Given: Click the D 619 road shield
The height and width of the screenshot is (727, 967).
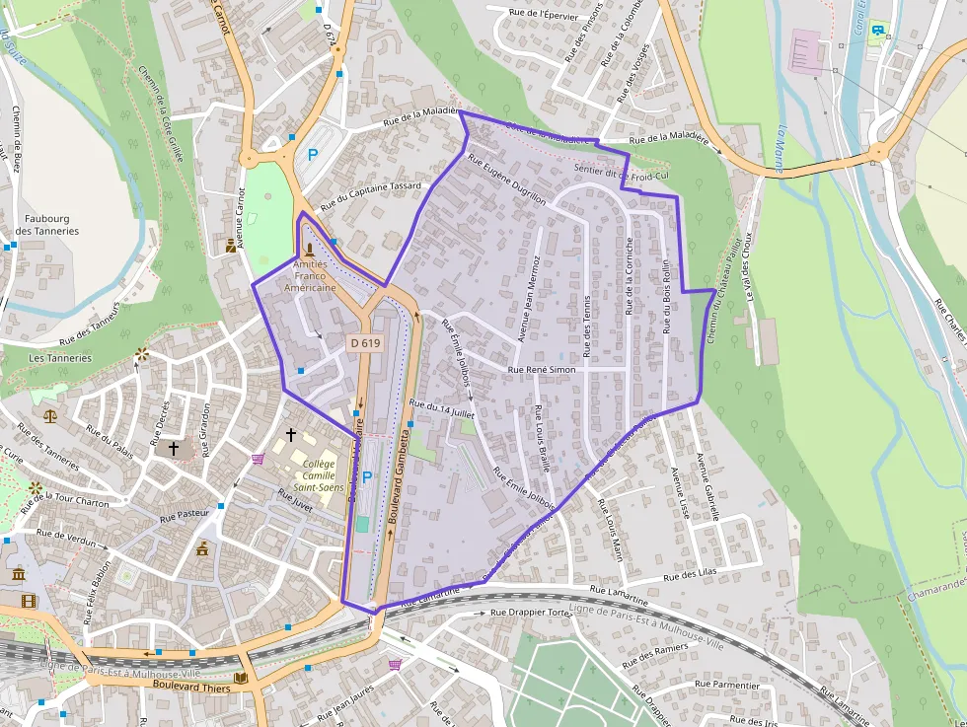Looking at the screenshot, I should coord(364,343).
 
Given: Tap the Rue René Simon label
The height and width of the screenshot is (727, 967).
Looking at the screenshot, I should coord(541,370).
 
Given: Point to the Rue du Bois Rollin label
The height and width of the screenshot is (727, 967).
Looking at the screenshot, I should coord(667,296).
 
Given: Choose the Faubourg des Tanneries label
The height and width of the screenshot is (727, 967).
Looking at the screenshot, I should coord(47,225).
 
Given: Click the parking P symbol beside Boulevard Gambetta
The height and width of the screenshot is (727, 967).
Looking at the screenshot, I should coord(367,477).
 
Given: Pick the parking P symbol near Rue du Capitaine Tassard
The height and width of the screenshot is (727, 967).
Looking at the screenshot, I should coord(313,155).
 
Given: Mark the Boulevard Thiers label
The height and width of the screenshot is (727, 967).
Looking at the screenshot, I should coord(191,686).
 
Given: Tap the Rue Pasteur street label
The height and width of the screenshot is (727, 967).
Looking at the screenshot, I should coord(186,515).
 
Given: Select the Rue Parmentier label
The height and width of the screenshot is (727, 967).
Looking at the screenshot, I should coord(727,685).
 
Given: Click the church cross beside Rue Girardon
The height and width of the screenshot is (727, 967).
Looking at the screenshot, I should coord(174,448).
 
